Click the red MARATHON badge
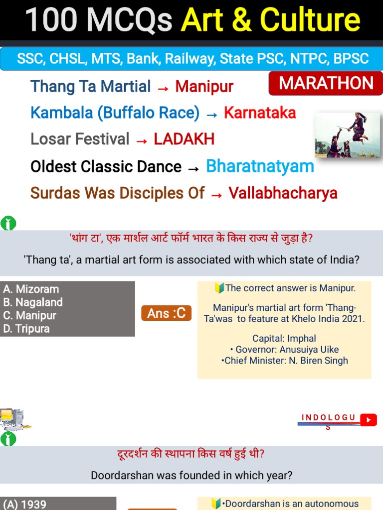click(x=326, y=84)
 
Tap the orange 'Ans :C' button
click(x=166, y=313)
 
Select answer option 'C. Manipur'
click(x=29, y=315)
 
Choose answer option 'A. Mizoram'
click(x=31, y=289)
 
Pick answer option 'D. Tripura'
click(x=26, y=329)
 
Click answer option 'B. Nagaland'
click(x=33, y=302)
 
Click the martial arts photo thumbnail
click(x=348, y=135)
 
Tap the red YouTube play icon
click(x=369, y=420)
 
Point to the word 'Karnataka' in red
click(x=260, y=113)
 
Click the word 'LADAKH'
click(x=184, y=139)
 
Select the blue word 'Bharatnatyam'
click(x=260, y=166)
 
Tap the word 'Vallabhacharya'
click(x=283, y=193)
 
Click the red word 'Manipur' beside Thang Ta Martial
click(x=204, y=87)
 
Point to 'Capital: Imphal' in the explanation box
click(x=284, y=339)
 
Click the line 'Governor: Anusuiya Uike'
click(x=284, y=350)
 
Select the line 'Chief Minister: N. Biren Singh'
click(x=284, y=361)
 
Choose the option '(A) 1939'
click(x=25, y=504)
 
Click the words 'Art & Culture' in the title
click(x=270, y=20)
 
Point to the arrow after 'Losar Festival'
click(x=142, y=140)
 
